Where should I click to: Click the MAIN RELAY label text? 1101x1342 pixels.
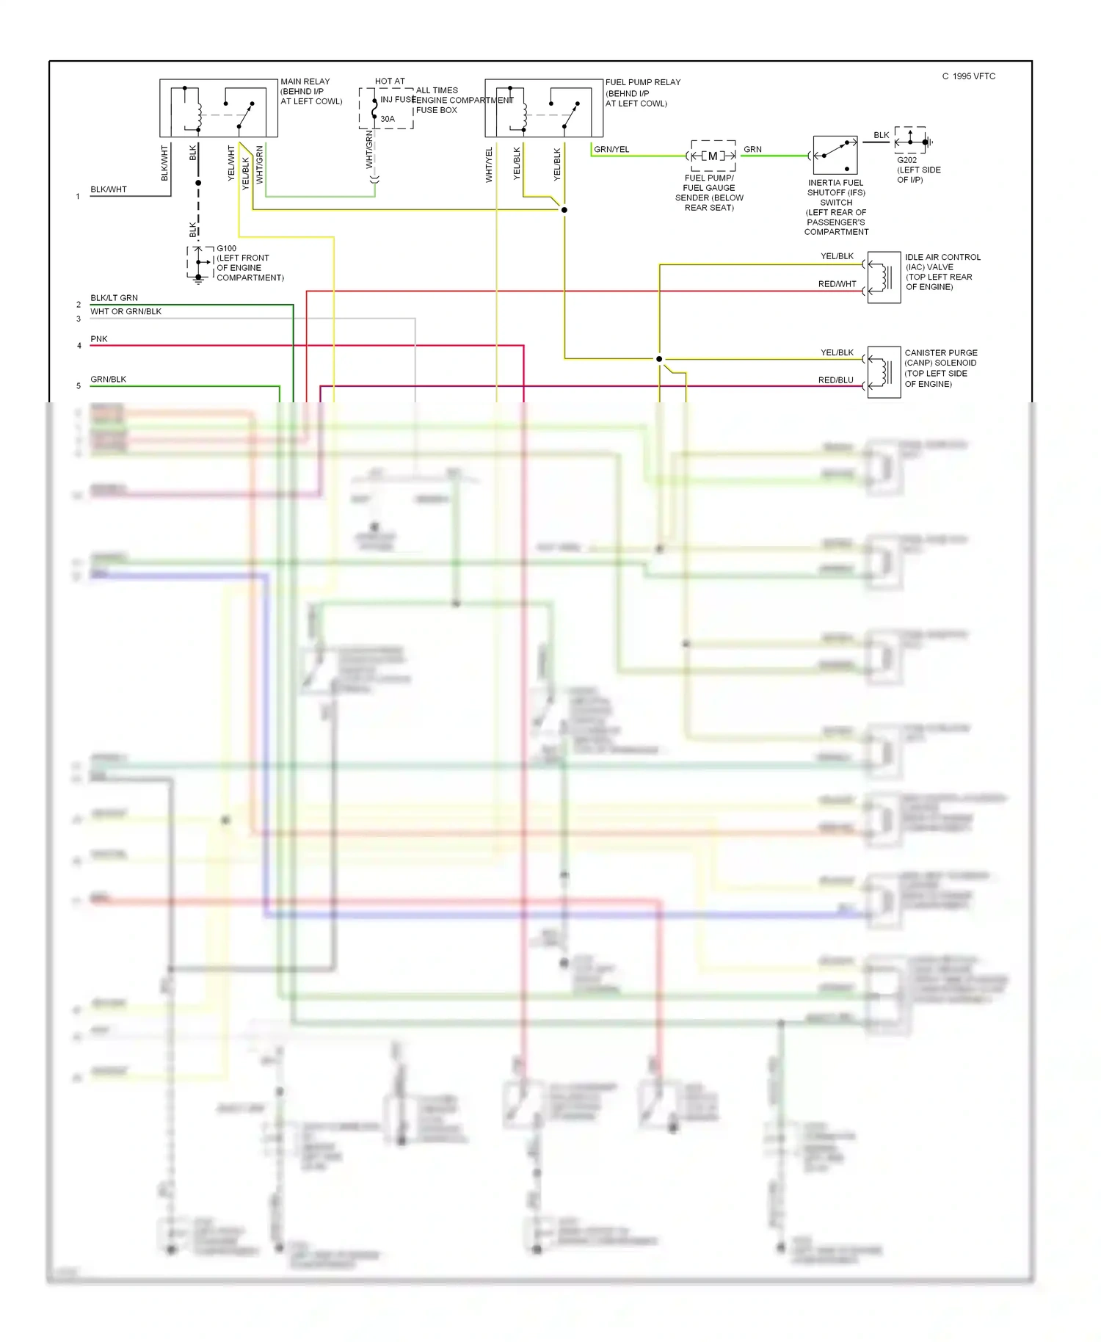(x=305, y=81)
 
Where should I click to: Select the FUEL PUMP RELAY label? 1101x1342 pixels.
(x=642, y=82)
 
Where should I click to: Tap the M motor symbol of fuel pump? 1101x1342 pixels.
(x=712, y=156)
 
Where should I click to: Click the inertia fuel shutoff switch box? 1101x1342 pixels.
(x=835, y=154)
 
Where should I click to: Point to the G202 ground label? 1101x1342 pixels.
(x=906, y=160)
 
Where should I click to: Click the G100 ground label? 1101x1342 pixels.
(x=226, y=248)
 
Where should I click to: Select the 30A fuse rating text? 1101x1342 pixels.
(x=388, y=119)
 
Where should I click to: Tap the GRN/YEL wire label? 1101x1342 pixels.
(x=611, y=149)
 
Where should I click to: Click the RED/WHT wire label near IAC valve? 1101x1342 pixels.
(x=837, y=284)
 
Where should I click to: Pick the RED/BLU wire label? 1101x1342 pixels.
(x=835, y=380)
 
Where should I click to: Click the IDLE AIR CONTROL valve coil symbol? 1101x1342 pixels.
(x=884, y=278)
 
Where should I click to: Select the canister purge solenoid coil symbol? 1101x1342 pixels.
(x=884, y=373)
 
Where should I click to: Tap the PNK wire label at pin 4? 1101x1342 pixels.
(x=98, y=339)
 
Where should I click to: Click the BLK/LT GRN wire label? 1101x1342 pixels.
(x=114, y=298)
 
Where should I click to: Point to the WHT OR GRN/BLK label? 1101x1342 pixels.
(x=126, y=311)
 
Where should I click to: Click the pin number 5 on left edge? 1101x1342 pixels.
(x=79, y=385)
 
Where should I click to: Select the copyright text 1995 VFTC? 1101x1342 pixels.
(x=969, y=76)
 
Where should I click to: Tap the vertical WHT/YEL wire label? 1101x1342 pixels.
(x=489, y=164)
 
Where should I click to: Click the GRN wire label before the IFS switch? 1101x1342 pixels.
(x=752, y=149)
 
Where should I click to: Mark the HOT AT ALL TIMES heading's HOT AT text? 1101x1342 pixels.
(x=390, y=81)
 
